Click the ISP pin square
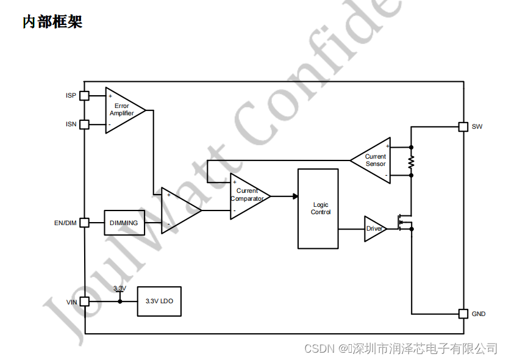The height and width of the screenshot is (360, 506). tap(85, 96)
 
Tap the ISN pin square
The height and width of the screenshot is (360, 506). tap(85, 124)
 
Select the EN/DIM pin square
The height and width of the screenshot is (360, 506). tap(85, 223)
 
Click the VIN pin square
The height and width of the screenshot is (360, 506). tap(85, 301)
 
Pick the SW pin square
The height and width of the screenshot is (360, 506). tap(463, 127)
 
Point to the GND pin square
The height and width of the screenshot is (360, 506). tap(463, 314)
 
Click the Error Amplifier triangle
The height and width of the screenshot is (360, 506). tap(123, 110)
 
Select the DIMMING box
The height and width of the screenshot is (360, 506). tap(124, 223)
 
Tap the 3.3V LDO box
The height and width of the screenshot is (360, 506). tap(159, 301)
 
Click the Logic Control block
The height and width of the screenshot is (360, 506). tap(318, 209)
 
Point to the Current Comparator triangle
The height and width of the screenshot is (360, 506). tap(247, 196)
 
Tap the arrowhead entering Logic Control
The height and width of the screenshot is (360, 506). tap(295, 196)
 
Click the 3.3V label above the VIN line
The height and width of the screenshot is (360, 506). tap(119, 288)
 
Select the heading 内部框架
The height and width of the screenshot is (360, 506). tap(52, 23)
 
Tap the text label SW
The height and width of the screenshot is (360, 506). tap(477, 127)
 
